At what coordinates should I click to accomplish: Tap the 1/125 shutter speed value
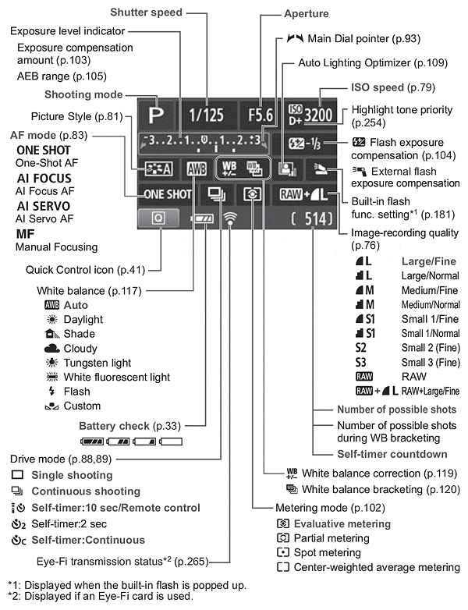pyautogui.click(x=204, y=114)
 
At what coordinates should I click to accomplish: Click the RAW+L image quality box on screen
pyautogui.click(x=314, y=194)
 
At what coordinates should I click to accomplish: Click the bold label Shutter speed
pyautogui.click(x=145, y=12)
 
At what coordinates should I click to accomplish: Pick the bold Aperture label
pyautogui.click(x=307, y=14)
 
